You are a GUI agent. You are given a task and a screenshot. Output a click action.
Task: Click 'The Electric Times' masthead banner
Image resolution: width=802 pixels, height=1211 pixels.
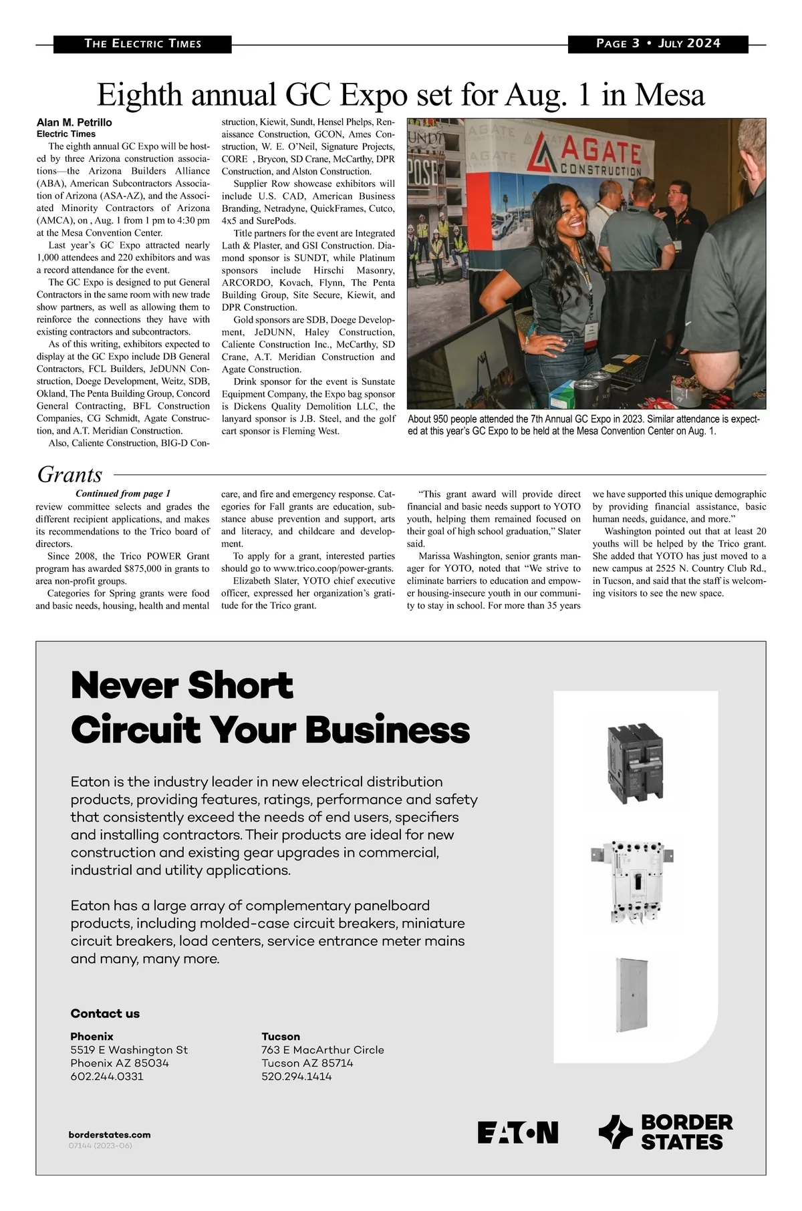[142, 44]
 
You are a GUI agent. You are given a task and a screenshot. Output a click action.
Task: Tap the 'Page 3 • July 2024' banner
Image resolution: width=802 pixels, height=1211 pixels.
[658, 43]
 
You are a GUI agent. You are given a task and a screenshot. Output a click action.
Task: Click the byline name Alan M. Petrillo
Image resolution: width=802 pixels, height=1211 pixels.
[74, 123]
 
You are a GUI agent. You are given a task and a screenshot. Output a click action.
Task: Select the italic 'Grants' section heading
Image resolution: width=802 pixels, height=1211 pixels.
[70, 474]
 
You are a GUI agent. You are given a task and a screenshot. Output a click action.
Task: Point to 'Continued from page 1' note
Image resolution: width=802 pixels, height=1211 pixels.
[123, 494]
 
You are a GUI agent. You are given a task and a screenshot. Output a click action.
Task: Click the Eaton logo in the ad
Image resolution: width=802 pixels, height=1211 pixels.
[517, 1132]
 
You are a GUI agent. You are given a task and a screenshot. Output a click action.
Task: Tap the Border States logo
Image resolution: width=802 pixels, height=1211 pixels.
[665, 1132]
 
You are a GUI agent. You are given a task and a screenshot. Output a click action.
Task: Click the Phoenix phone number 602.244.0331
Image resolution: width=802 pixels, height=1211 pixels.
[107, 1076]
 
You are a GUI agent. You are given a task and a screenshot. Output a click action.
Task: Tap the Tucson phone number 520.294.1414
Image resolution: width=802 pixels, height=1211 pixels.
[296, 1076]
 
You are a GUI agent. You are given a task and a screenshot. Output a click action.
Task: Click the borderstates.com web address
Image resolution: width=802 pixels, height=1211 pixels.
[110, 1134]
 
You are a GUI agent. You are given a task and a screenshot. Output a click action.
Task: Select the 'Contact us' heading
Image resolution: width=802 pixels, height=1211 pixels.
[105, 1013]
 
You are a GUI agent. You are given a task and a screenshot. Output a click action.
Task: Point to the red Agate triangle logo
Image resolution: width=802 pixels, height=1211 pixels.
[543, 153]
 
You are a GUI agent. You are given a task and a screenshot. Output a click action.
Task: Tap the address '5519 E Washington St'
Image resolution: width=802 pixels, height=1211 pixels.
[129, 1049]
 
